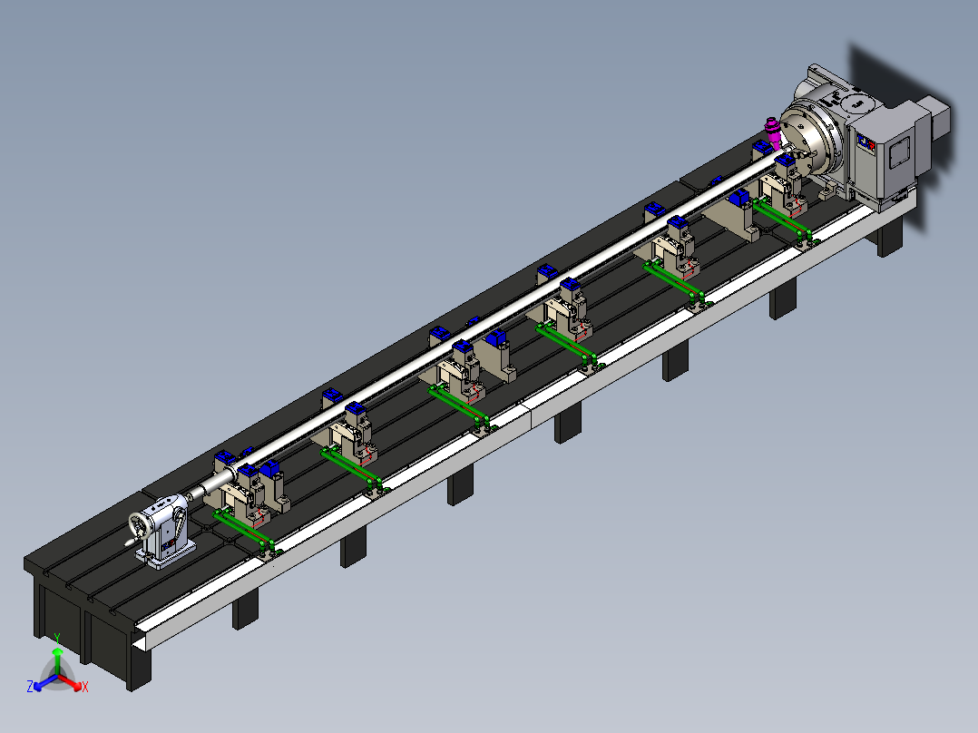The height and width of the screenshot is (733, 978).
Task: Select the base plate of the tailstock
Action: click(x=167, y=556)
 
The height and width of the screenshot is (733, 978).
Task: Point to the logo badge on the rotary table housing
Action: click(x=866, y=142)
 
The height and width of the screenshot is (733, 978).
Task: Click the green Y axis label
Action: click(x=57, y=638)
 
